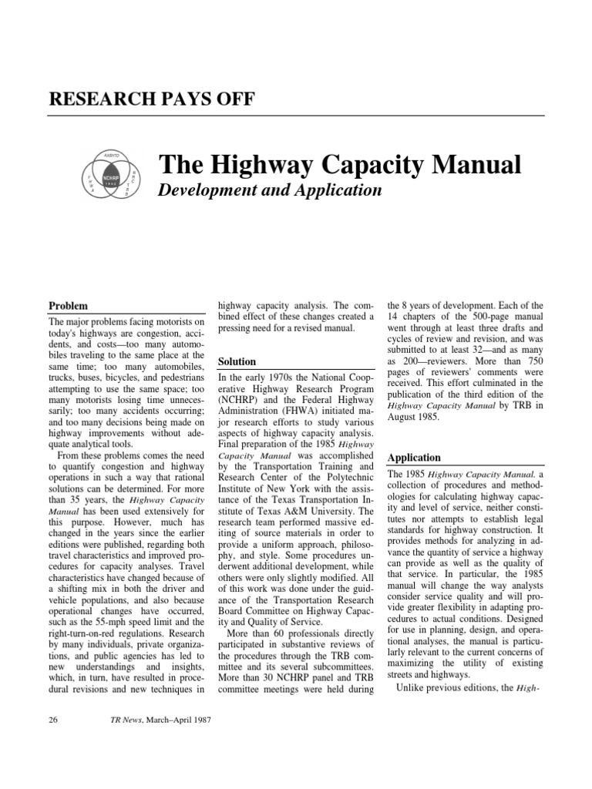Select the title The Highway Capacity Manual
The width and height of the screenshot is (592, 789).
click(x=340, y=164)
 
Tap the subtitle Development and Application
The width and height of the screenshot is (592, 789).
click(x=270, y=190)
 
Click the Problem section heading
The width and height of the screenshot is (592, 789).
click(x=68, y=306)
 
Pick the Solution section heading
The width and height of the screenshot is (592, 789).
click(x=237, y=361)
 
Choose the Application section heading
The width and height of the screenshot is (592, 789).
click(x=415, y=457)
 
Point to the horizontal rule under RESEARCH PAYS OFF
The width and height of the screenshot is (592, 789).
click(x=296, y=116)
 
